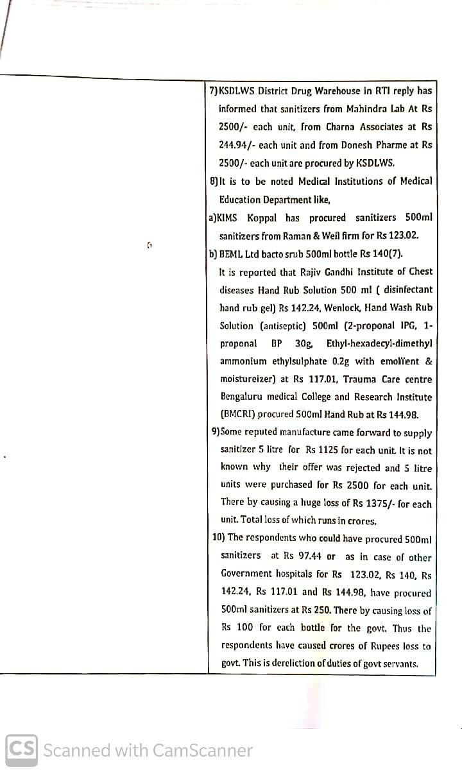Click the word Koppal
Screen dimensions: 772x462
click(x=265, y=218)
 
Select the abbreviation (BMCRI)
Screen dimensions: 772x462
click(x=240, y=415)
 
